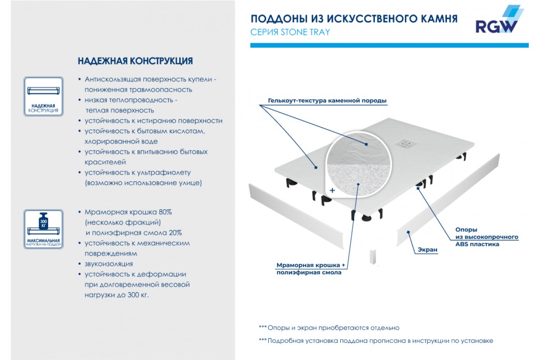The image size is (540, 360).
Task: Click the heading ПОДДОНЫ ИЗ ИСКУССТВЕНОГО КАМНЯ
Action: coord(354,19)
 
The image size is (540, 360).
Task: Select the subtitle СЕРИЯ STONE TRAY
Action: coord(290,32)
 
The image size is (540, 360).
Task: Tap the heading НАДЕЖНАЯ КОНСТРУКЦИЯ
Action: coord(135,61)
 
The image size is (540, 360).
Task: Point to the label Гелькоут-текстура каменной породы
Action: coord(327,100)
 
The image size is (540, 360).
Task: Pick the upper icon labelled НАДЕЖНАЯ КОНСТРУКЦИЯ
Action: coord(43,97)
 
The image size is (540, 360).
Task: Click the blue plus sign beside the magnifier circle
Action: coord(333,190)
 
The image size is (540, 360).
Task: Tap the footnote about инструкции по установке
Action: coord(376,341)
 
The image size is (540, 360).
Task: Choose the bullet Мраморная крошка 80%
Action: coord(128,212)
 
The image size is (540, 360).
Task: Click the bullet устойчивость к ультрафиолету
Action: coord(138,172)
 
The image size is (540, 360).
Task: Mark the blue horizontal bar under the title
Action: coord(389,45)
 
